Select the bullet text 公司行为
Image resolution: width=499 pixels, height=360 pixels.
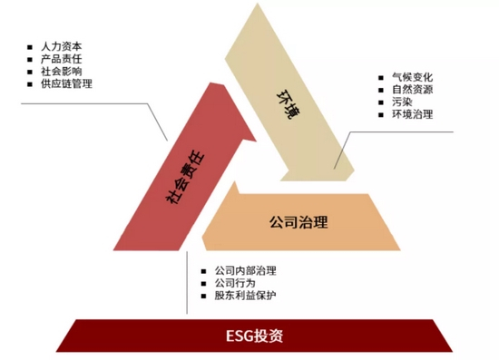coord(235,284)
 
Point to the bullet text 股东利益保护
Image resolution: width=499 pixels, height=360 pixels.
coord(246,297)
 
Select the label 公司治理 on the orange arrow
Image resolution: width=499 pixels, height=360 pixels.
coord(298,220)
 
